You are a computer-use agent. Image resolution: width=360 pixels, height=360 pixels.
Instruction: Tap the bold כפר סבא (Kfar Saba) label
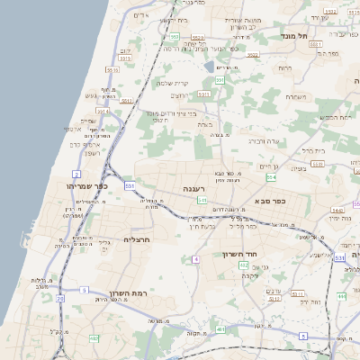click(270, 201)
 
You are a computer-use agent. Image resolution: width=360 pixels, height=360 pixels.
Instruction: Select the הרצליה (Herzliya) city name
click(134, 240)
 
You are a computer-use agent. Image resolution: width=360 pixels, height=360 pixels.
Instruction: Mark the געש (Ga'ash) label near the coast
click(91, 95)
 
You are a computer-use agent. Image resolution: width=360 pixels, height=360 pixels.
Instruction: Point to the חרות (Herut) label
click(285, 67)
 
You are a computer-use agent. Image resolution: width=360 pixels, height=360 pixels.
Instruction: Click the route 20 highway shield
click(60, 298)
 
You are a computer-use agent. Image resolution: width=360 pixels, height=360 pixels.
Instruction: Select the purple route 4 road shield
click(195, 259)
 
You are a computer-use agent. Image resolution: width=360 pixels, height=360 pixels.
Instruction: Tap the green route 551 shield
click(219, 80)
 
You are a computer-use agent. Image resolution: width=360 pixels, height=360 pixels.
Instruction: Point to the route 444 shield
click(342, 296)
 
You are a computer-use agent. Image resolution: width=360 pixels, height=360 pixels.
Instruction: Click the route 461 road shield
click(221, 330)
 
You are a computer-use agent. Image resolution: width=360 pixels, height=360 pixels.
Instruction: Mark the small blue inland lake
click(210, 67)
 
